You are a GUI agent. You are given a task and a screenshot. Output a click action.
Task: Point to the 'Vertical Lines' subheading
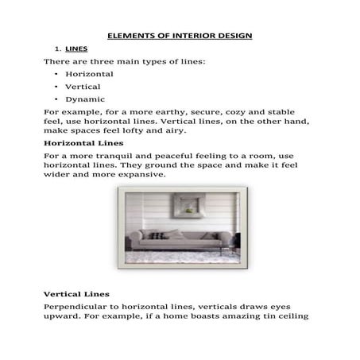pyautogui.click(x=76, y=294)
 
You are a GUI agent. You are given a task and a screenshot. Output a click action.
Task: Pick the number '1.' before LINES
pyautogui.click(x=57, y=48)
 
